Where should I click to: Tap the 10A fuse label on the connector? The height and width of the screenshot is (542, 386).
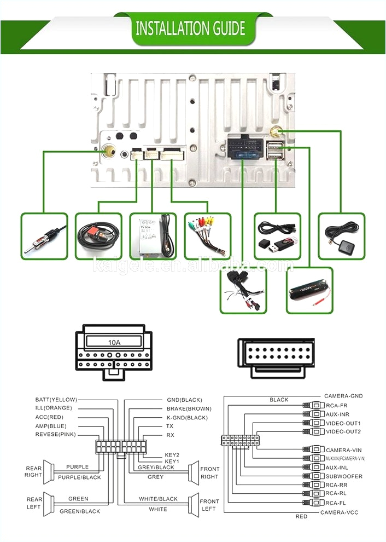[x=114, y=343]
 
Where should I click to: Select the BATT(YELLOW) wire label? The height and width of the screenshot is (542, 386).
[x=56, y=400]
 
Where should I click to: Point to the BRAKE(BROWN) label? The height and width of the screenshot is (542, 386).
[x=189, y=408]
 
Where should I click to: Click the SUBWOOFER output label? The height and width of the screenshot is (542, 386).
[x=344, y=476]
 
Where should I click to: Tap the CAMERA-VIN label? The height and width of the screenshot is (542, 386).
[x=344, y=449]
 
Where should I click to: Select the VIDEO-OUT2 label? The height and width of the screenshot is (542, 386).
[x=343, y=431]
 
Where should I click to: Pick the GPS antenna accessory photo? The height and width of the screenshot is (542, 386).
[x=341, y=236]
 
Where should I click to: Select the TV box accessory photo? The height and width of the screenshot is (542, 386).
[x=153, y=236]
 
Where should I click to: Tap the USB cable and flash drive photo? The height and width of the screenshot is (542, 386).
[x=277, y=236]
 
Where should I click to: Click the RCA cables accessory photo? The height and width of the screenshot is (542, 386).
[x=207, y=236]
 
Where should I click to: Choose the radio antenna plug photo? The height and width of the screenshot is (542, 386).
[x=44, y=236]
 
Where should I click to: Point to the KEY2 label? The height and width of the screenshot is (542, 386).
[x=172, y=455]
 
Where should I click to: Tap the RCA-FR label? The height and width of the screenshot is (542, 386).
[x=337, y=405]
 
